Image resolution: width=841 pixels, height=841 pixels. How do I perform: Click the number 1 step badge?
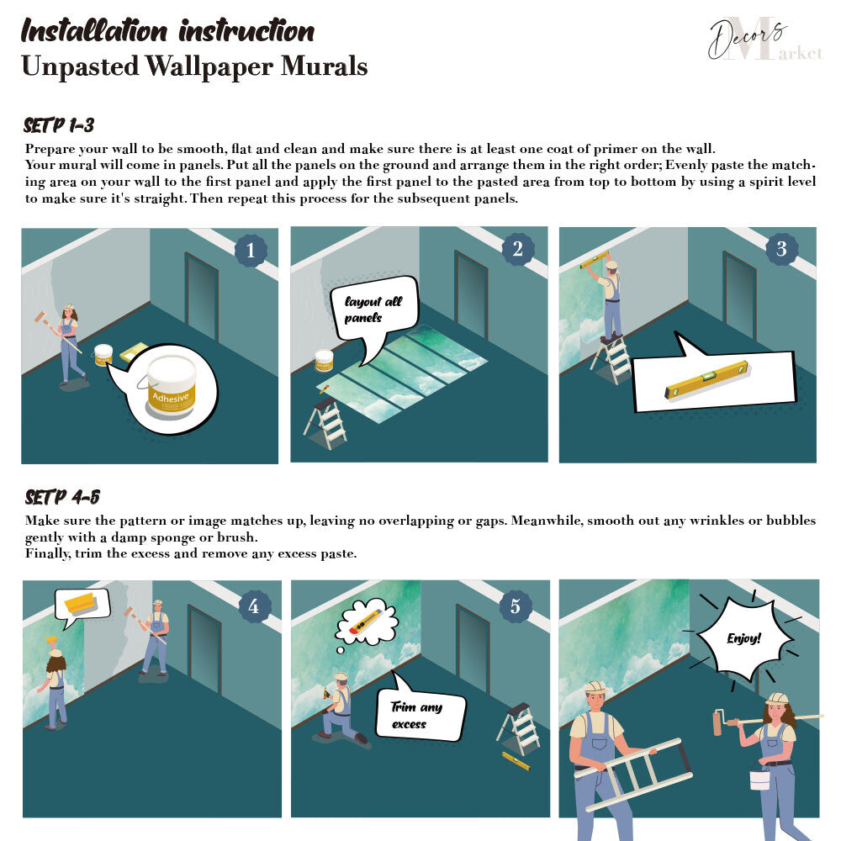pyautogui.click(x=251, y=250)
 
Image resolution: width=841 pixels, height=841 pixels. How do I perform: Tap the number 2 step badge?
pyautogui.click(x=517, y=248)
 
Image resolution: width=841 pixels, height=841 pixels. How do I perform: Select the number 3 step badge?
pyautogui.click(x=781, y=248)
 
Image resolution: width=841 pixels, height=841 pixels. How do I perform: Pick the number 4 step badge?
pyautogui.click(x=254, y=606)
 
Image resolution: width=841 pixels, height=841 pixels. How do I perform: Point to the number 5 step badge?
pyautogui.click(x=515, y=606)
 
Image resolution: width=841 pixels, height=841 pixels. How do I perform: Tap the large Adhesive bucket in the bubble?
pyautogui.click(x=171, y=386)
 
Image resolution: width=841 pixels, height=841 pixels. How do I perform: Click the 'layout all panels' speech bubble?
pyautogui.click(x=373, y=309)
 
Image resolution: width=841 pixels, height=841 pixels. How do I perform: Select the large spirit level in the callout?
pyautogui.click(x=707, y=379)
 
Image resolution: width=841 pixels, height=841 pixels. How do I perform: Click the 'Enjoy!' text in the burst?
pyautogui.click(x=744, y=637)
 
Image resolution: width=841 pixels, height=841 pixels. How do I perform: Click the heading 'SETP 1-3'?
pyautogui.click(x=59, y=125)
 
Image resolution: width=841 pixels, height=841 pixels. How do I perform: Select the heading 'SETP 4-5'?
pyautogui.click(x=62, y=497)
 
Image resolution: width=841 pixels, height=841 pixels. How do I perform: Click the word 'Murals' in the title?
pyautogui.click(x=324, y=66)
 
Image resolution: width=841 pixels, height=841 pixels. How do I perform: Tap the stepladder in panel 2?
pyautogui.click(x=325, y=424)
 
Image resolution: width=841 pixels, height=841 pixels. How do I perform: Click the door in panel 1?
pyautogui.click(x=202, y=296)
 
